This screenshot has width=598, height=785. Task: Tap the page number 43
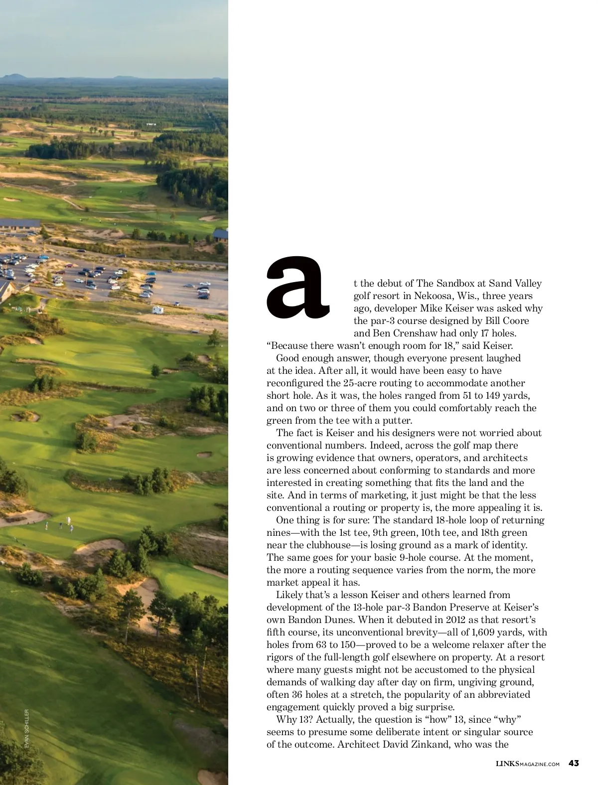click(574, 763)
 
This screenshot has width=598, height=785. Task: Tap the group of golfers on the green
click(59, 524)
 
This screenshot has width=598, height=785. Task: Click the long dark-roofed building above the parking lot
click(20, 224)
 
